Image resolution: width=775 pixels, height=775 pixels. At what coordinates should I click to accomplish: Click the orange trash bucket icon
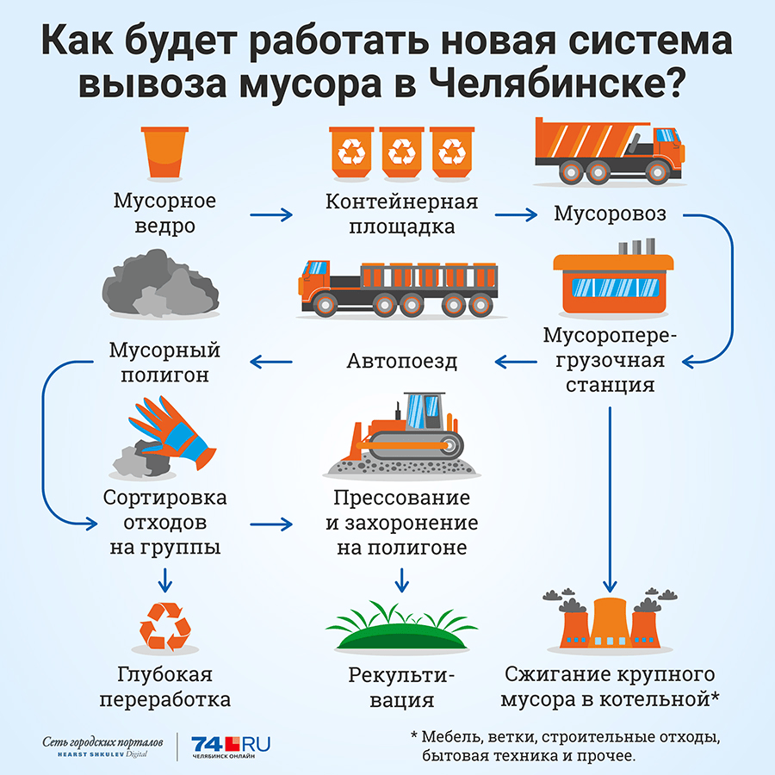coord(164,152)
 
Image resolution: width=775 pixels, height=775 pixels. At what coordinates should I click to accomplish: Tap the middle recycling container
coord(402,152)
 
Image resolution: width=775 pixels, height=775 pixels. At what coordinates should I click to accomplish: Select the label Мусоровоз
coord(610,214)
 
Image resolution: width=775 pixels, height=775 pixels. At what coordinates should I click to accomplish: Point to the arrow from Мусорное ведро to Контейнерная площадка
coord(271,214)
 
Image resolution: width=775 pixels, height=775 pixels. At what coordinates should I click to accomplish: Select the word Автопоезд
coord(402,362)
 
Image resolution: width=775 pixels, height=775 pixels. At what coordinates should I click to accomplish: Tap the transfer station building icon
coord(613,278)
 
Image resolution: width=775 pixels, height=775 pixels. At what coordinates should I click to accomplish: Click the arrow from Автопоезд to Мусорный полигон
coord(271,362)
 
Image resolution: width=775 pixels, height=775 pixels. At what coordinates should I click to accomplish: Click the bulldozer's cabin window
coord(424,412)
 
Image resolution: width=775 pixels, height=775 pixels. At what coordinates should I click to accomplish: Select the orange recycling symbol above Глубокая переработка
coord(164,626)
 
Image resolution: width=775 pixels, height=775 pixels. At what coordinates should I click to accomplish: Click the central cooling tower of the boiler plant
coord(610,622)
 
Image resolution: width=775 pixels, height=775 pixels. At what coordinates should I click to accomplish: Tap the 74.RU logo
coord(230,747)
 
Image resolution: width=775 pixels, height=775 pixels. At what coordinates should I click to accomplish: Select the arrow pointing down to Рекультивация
coord(402,580)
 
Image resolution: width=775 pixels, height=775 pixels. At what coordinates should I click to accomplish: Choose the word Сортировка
coord(164,497)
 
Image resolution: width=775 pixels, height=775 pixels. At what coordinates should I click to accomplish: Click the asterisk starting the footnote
coord(414,735)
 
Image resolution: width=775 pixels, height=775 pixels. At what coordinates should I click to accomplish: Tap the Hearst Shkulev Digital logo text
coord(102,754)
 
